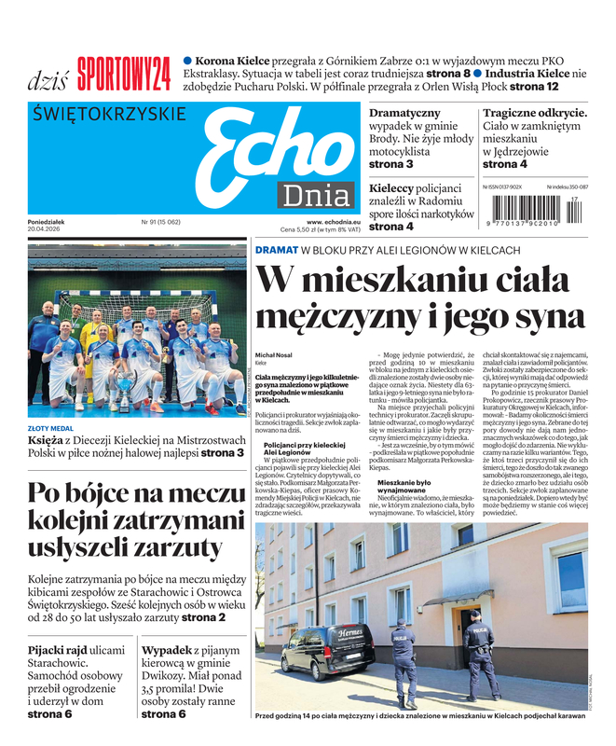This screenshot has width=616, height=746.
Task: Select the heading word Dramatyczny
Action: [x=405, y=113]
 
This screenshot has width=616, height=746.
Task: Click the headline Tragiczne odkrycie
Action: [x=534, y=113]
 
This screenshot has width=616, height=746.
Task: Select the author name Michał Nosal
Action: [x=278, y=356]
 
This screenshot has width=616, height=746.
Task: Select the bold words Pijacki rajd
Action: [x=59, y=649]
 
